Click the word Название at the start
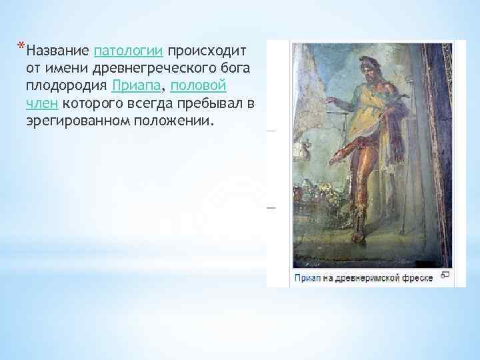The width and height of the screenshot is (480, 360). coord(59,51)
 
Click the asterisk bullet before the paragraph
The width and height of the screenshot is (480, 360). coord(22,46)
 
